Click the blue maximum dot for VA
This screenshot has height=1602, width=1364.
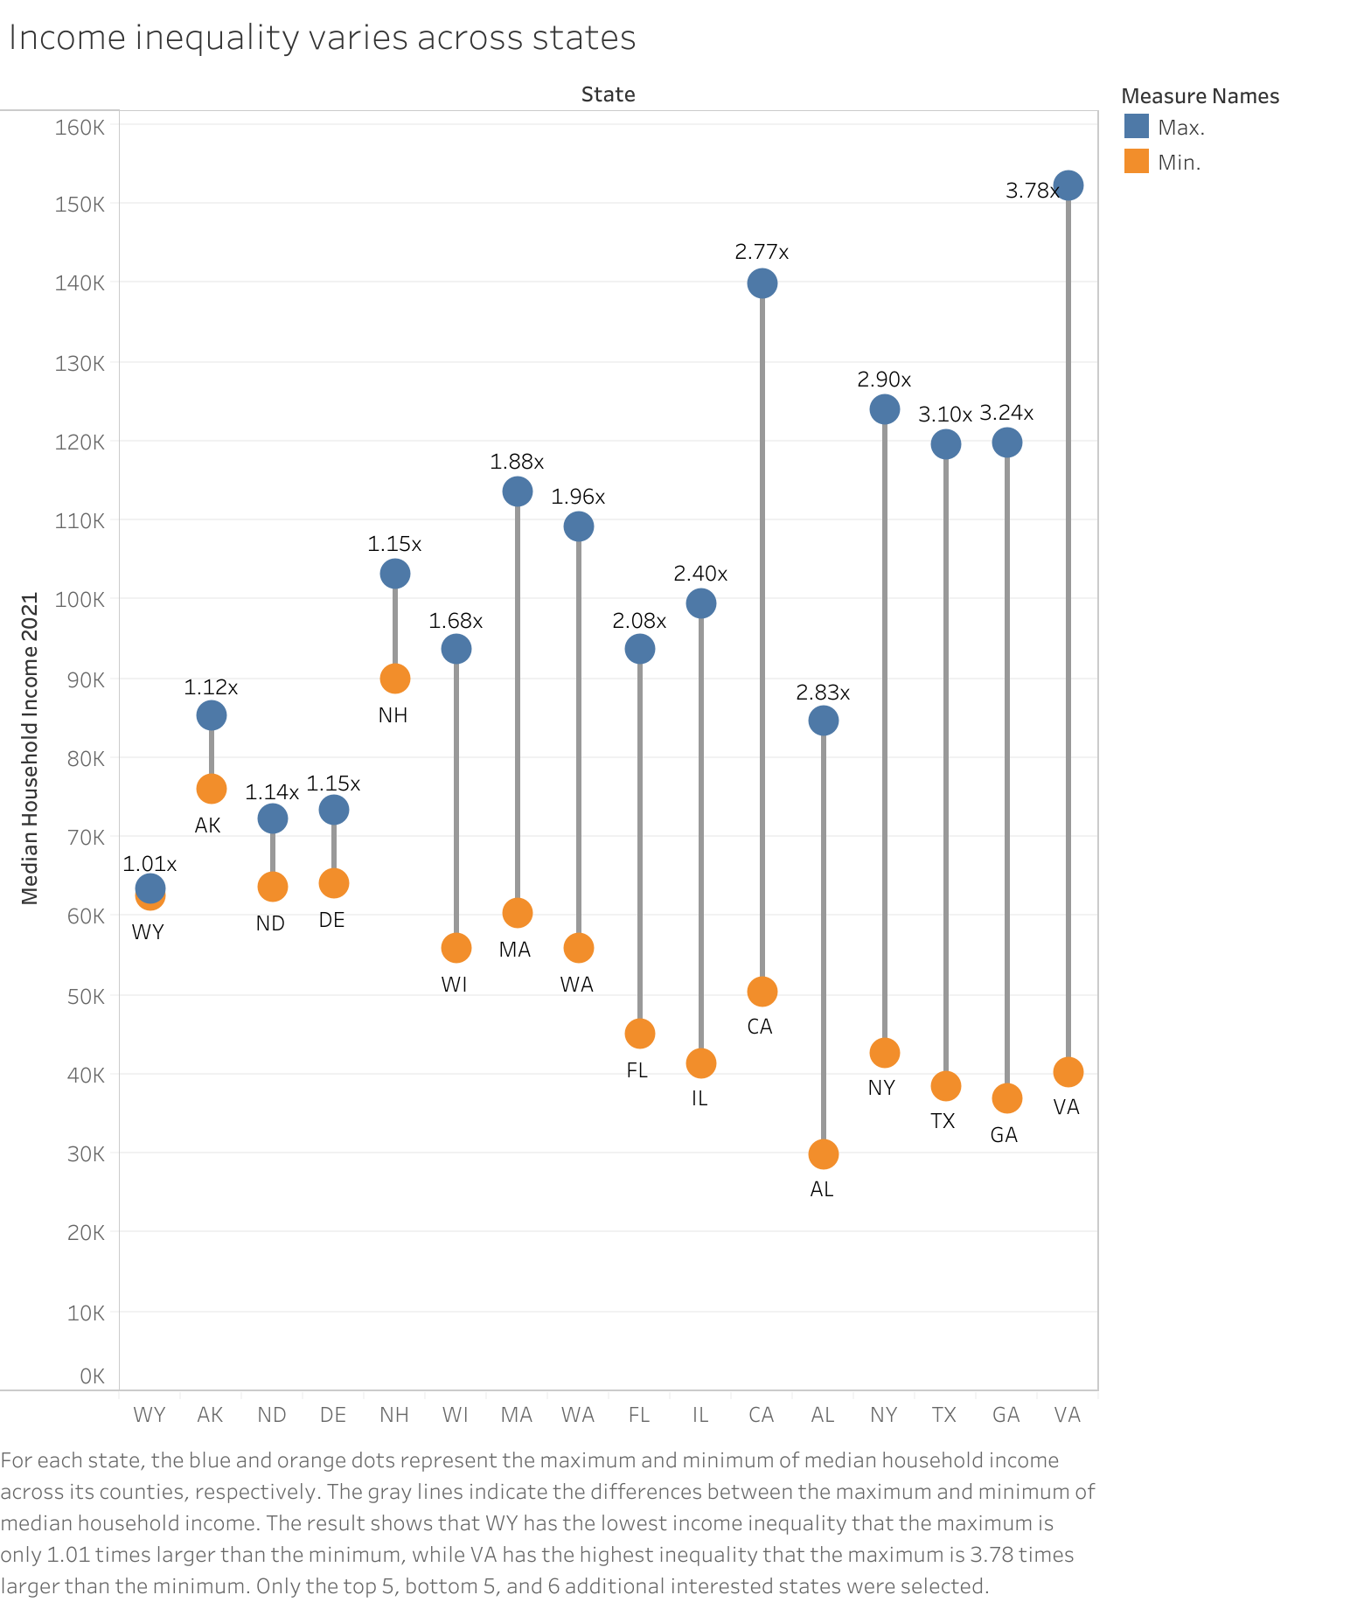[x=1068, y=185]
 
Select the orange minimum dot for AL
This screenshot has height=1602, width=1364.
[x=823, y=1154]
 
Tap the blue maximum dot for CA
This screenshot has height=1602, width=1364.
[x=762, y=283]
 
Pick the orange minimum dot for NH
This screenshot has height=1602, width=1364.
[x=394, y=679]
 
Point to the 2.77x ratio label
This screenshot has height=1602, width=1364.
[x=762, y=252]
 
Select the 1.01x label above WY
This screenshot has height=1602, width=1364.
[x=150, y=864]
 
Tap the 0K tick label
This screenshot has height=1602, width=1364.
[x=92, y=1376]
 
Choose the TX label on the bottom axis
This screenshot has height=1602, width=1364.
[x=944, y=1415]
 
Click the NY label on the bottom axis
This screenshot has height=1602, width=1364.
[x=884, y=1415]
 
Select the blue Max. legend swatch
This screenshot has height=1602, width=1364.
[x=1136, y=127]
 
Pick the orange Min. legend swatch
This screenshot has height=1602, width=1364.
[x=1136, y=162]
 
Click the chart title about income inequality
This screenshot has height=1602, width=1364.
[x=322, y=38]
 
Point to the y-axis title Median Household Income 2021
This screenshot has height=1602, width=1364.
[x=30, y=749]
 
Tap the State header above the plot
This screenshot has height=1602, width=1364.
[x=608, y=94]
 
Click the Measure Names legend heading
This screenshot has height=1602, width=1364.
[x=1200, y=96]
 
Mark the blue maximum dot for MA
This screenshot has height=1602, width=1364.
[x=517, y=491]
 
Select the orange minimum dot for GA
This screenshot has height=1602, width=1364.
[x=1006, y=1098]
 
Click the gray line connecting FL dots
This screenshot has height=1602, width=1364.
[x=639, y=839]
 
